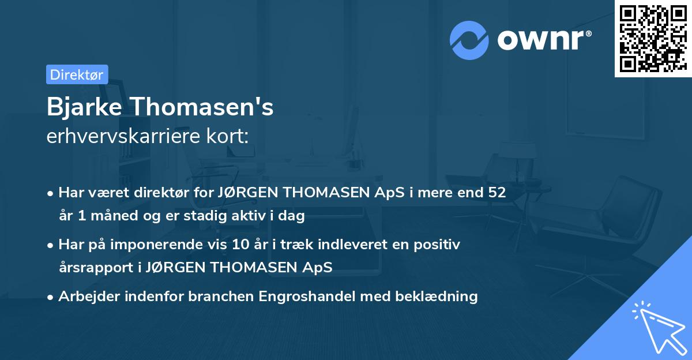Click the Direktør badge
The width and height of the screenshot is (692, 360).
pos(77,74)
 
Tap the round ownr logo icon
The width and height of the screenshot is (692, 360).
pos(469,40)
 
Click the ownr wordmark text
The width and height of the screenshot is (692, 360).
pos(544,40)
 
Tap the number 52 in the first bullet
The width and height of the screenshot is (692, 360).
pos(497,193)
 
